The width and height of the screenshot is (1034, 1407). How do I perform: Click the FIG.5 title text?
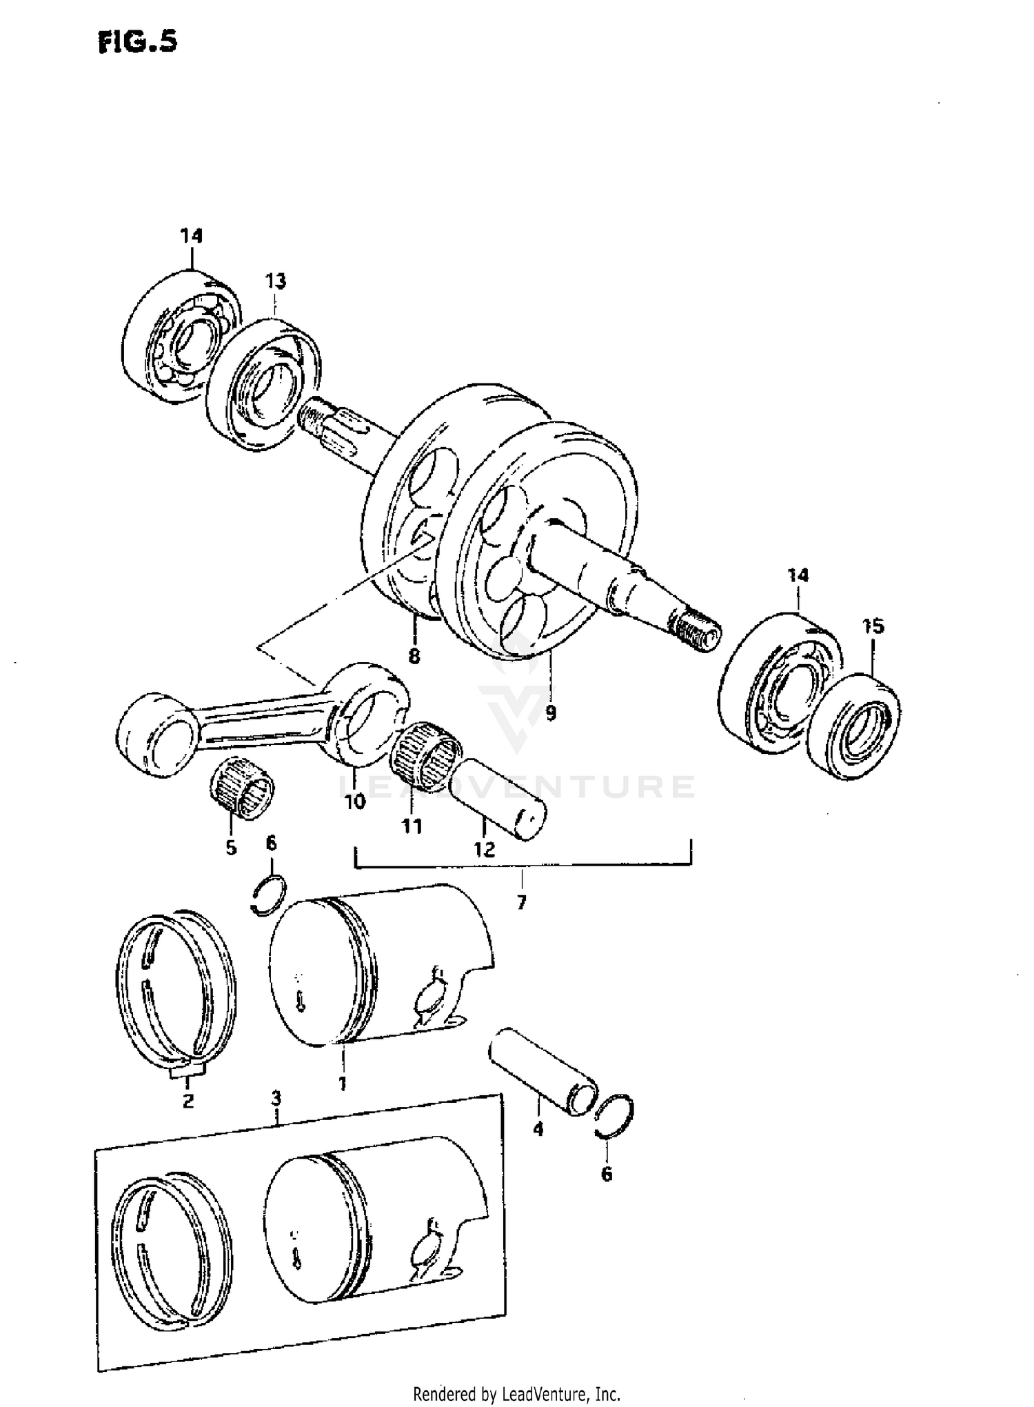point(137,42)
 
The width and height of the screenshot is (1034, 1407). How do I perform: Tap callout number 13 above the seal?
point(274,281)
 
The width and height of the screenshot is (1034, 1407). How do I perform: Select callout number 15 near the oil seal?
point(872,627)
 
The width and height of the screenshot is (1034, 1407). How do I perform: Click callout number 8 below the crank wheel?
point(414,656)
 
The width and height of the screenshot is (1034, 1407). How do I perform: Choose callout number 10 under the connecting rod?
point(356,803)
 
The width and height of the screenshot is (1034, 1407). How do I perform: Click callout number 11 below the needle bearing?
point(412,826)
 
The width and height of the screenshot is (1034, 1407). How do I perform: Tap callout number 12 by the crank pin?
point(485,850)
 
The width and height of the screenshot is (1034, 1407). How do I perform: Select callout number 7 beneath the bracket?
point(521,902)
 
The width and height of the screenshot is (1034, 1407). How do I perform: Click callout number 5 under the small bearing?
point(231,847)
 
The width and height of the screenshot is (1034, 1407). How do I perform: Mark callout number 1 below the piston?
point(342,1084)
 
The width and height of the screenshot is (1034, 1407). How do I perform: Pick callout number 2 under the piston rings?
point(187,1101)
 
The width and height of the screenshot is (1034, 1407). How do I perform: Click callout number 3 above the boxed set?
point(276,1097)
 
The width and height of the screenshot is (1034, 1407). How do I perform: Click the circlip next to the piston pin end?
point(614,1117)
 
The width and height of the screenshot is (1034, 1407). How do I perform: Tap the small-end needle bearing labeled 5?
point(241,796)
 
